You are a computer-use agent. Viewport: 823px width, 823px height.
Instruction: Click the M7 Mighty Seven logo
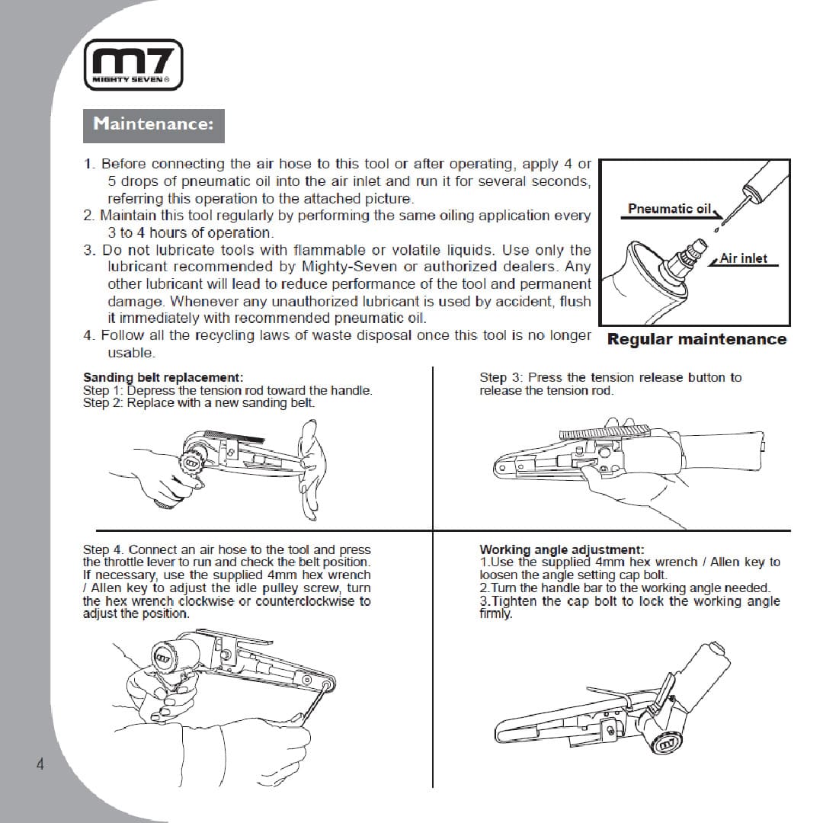click(x=133, y=65)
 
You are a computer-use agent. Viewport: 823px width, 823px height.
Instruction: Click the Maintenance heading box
click(x=154, y=126)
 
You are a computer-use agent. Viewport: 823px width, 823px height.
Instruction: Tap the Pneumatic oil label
click(x=669, y=208)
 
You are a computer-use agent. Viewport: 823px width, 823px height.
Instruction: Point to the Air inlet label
click(x=743, y=258)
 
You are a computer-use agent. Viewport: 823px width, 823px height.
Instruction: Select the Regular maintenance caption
click(x=697, y=339)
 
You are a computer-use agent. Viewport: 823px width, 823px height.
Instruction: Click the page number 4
click(x=40, y=764)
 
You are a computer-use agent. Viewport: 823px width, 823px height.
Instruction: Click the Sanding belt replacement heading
click(x=163, y=377)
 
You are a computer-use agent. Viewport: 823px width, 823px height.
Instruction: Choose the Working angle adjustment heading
click(x=562, y=549)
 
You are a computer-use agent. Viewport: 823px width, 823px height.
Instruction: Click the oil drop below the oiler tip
click(x=716, y=229)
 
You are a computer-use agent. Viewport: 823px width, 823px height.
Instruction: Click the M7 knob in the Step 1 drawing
click(x=191, y=463)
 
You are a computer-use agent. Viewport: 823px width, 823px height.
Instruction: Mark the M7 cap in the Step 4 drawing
click(x=163, y=657)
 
